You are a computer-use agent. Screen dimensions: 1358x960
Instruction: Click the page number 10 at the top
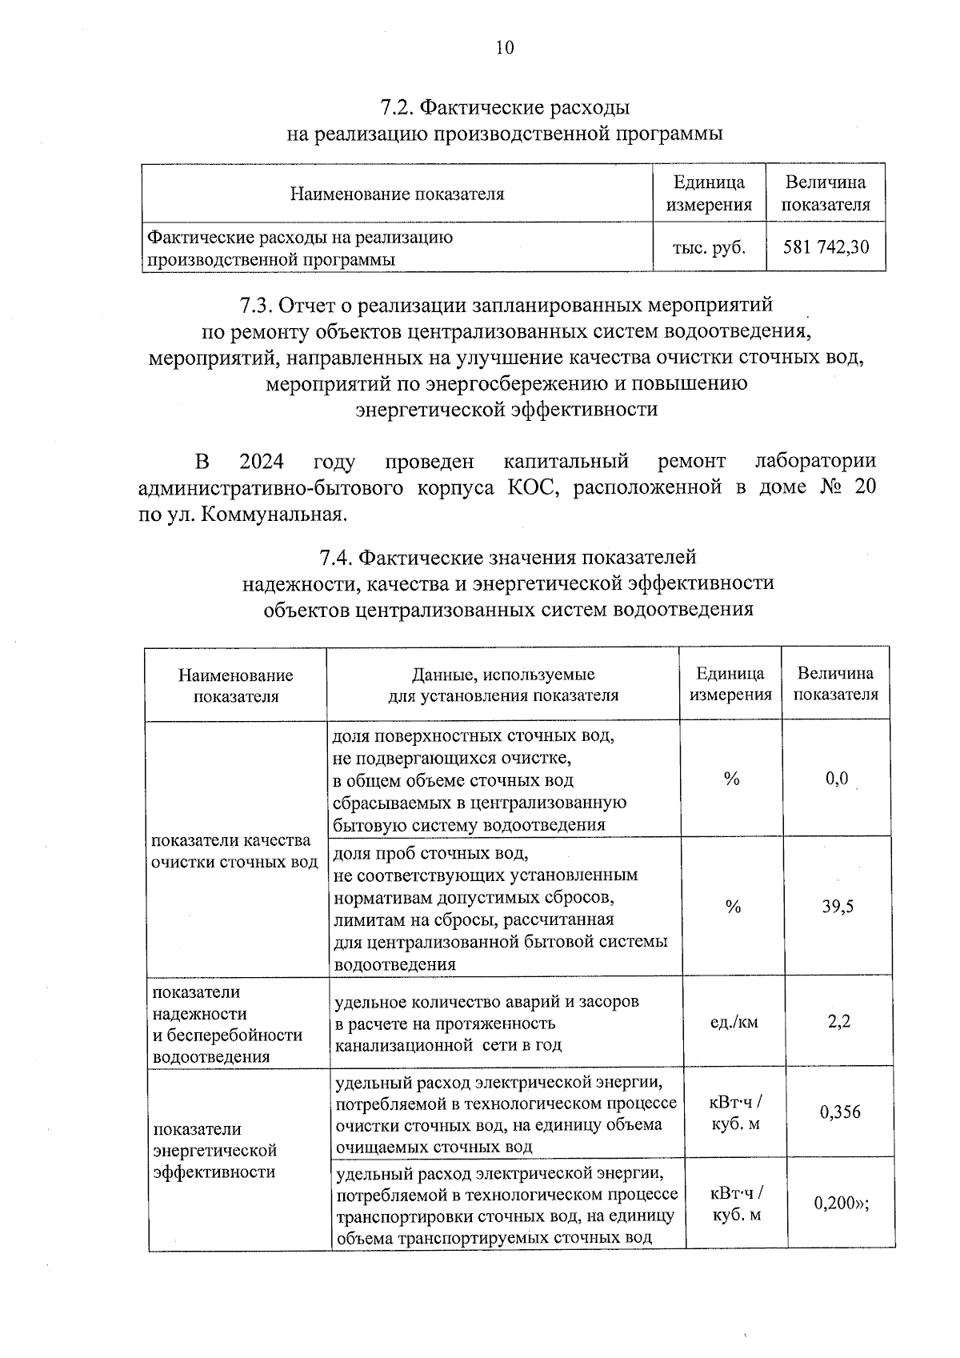pos(504,47)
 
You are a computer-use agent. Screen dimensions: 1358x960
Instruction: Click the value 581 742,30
pos(826,247)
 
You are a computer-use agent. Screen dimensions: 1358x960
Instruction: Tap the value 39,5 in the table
pos(838,907)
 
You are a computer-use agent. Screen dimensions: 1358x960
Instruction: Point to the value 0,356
pos(840,1112)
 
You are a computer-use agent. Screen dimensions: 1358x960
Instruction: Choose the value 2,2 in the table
pos(839,1021)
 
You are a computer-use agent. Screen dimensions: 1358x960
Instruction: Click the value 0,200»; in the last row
pos(841,1203)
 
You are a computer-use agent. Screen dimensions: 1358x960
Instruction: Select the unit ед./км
pos(734,1022)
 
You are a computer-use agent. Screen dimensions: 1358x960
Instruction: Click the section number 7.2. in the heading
pos(396,107)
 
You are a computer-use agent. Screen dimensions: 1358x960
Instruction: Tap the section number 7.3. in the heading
pos(258,305)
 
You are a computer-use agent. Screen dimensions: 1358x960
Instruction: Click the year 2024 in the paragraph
pos(262,462)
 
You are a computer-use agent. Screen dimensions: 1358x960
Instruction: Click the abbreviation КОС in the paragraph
pos(529,487)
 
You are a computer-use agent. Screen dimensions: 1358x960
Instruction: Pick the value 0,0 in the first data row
pos(837,779)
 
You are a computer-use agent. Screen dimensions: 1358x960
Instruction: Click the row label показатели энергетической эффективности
pos(215,1150)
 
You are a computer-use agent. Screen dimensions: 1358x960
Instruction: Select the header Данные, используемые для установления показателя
pos(503,685)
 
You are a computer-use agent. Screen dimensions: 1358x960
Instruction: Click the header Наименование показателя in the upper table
pos(397,194)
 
